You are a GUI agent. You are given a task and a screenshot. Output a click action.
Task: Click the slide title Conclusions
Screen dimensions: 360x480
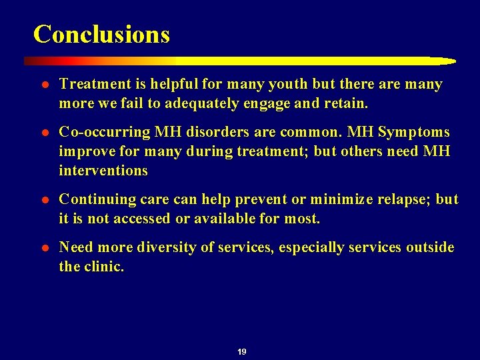101,34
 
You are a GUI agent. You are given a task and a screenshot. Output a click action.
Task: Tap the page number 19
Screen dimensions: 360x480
241,351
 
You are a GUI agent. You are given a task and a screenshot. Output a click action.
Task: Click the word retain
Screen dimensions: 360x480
348,103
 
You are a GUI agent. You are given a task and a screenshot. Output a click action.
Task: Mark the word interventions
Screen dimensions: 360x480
103,171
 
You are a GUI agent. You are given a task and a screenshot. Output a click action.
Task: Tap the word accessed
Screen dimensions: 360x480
145,219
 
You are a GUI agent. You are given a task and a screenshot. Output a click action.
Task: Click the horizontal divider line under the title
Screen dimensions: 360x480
240,61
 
